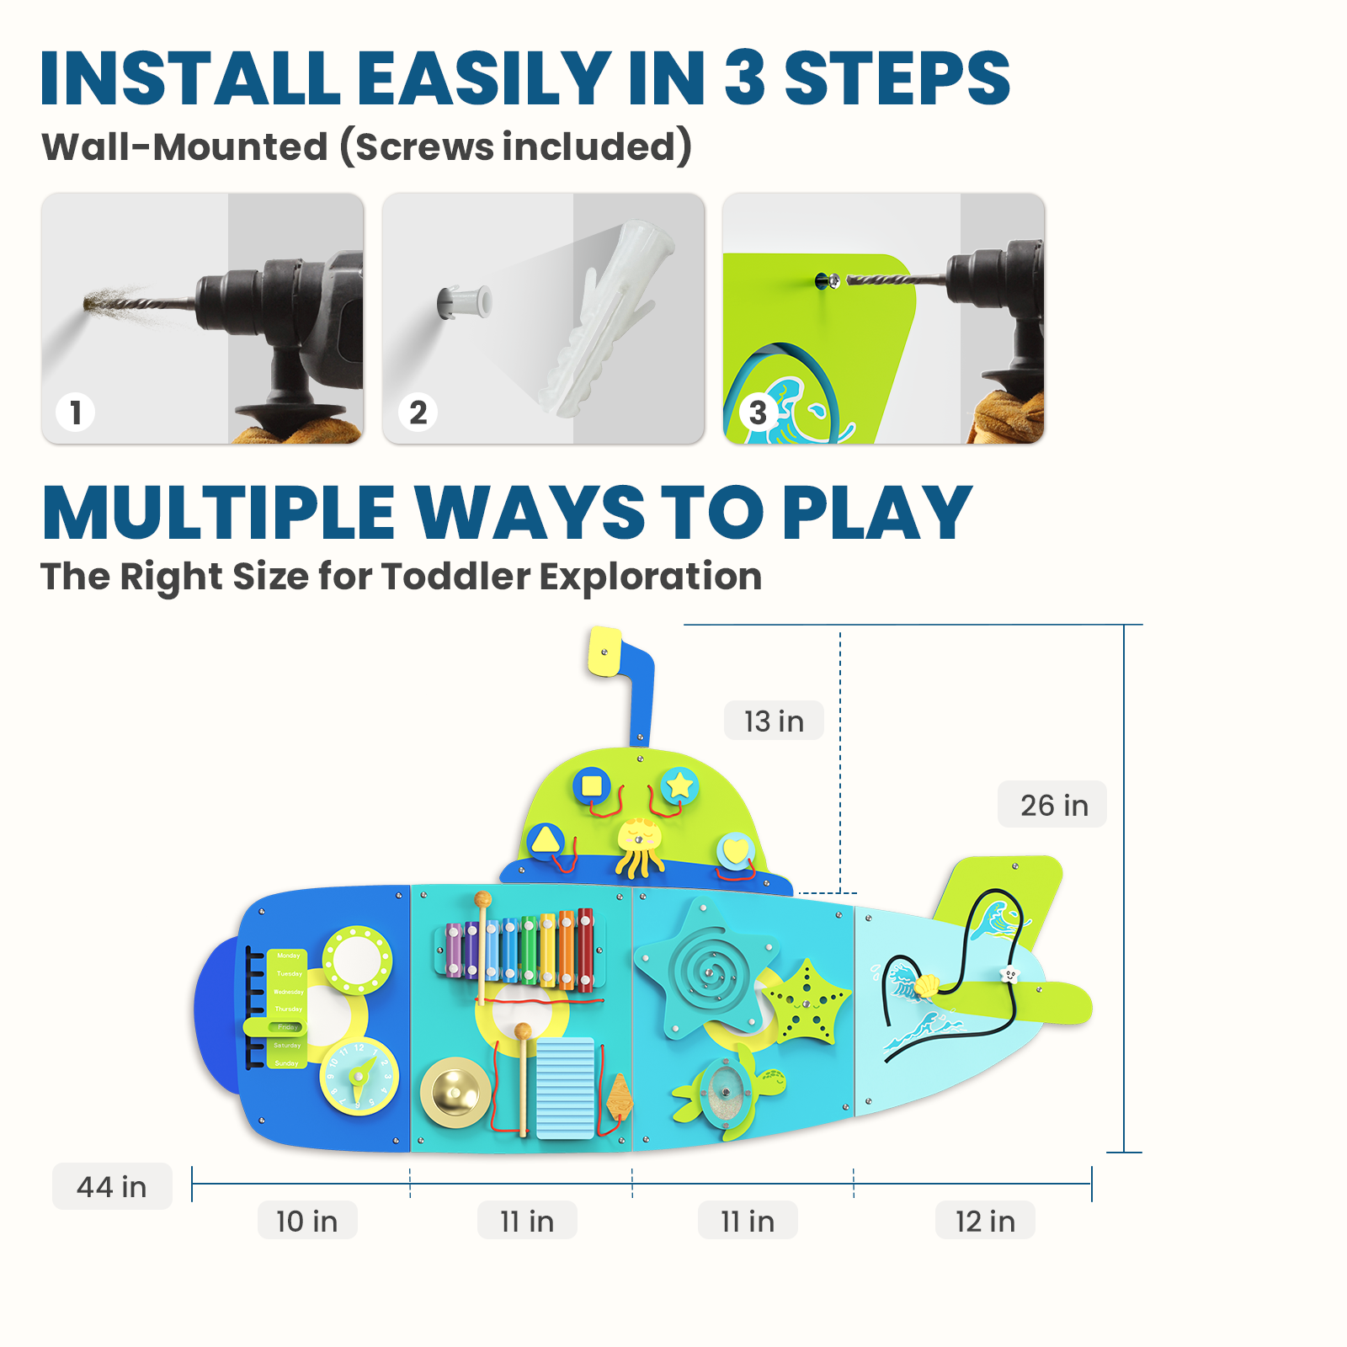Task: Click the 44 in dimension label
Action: tap(112, 1186)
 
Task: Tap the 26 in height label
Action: tap(1053, 805)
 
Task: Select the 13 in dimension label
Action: tap(774, 721)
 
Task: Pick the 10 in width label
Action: tap(307, 1221)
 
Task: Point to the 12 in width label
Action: tap(985, 1221)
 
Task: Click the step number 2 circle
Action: tap(418, 413)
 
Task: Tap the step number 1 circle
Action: tap(76, 413)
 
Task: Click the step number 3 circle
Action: tap(758, 413)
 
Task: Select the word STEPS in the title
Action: tap(896, 79)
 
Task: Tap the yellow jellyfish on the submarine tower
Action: tap(640, 844)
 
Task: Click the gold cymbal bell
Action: tap(455, 1092)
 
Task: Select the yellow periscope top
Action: tap(604, 651)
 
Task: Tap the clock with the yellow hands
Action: tap(359, 1078)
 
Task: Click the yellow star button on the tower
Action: tap(679, 785)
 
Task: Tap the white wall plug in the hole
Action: tap(463, 301)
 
